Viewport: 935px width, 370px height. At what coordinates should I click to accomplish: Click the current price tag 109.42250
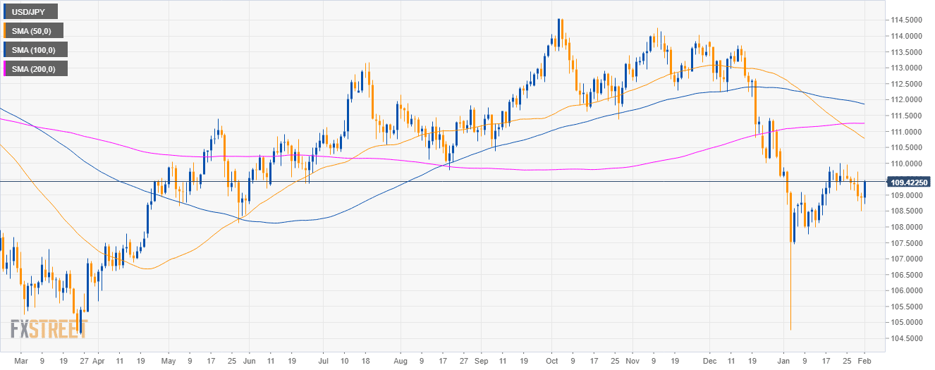908,182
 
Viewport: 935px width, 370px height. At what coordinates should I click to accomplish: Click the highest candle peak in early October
559,20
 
